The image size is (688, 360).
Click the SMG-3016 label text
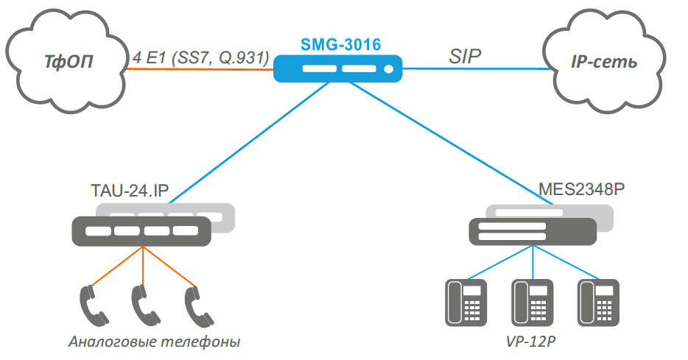pos(340,45)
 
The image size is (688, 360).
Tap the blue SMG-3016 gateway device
pos(339,69)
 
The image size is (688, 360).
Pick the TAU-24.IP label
pos(130,192)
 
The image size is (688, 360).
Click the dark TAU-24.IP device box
pos(141,231)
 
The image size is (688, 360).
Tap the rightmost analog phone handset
pos(194,303)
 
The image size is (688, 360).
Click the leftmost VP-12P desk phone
pos(465,302)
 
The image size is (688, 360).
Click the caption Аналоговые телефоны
pos(154,342)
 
